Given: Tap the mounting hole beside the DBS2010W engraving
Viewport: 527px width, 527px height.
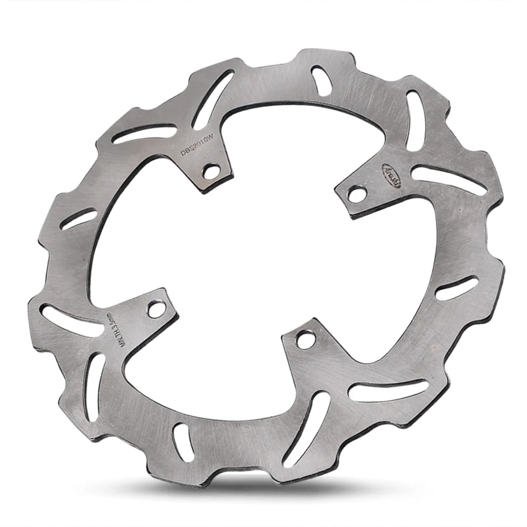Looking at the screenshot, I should click(x=212, y=171).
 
